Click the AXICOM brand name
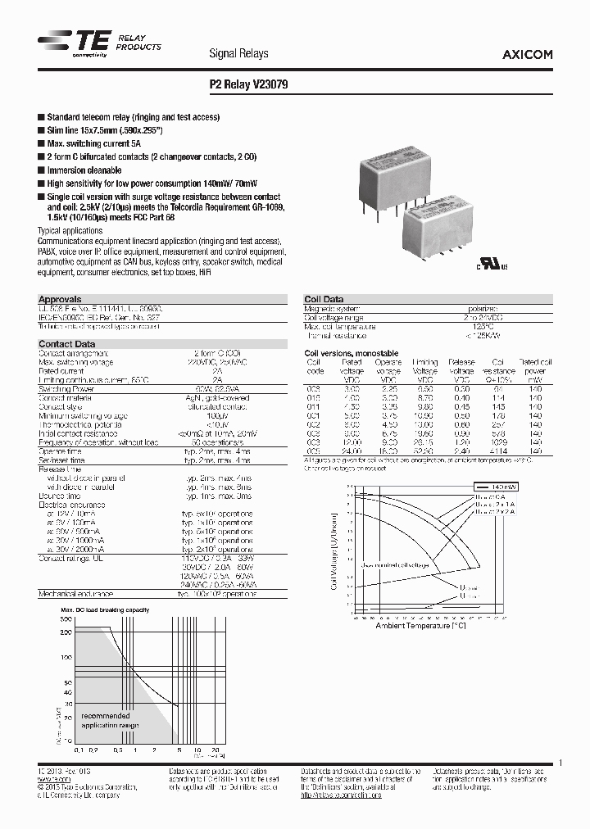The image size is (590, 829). [x=526, y=54]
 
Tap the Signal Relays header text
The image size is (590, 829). [x=238, y=54]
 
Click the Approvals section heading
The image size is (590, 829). [x=60, y=300]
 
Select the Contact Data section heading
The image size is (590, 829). [x=66, y=344]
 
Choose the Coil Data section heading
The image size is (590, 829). [x=324, y=300]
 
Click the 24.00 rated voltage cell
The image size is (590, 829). [x=352, y=451]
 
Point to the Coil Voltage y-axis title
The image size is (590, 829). [x=334, y=548]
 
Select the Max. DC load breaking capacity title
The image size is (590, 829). [x=105, y=611]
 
